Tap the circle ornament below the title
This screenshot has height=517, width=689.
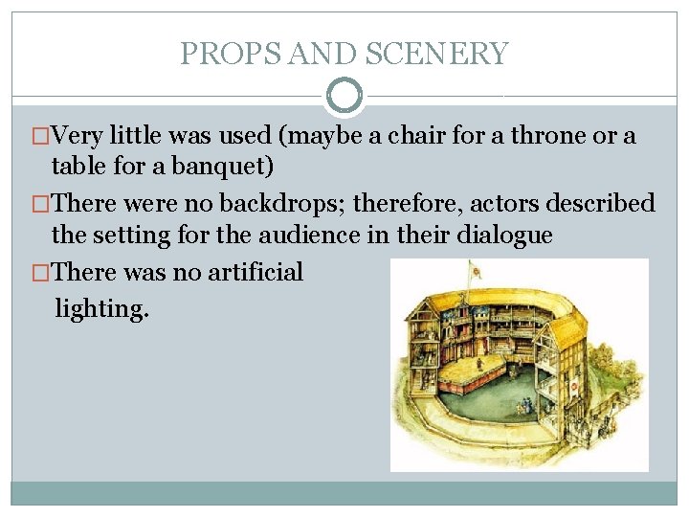coord(344,97)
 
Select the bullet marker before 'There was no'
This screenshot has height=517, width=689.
coord(40,273)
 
